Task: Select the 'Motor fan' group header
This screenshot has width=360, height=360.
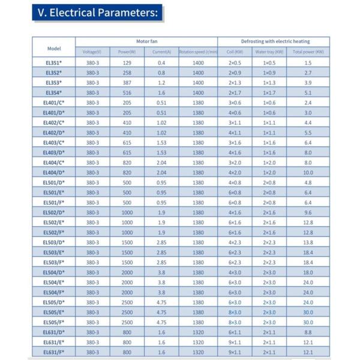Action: pos(146,41)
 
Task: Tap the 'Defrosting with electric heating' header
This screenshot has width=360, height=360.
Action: pos(275,41)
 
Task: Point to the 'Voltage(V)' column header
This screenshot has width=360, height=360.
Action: pos(92,52)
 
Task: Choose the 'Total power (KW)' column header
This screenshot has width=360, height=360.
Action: pos(308,52)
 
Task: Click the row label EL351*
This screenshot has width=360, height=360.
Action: pos(54,62)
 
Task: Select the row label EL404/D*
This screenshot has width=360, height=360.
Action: pos(54,172)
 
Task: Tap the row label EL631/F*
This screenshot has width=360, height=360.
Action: pos(54,352)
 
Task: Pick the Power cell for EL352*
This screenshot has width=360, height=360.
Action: pos(127,73)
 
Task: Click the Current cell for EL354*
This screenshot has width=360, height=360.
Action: pos(161,92)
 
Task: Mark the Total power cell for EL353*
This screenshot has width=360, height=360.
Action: pos(308,82)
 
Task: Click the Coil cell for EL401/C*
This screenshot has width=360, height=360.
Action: pos(234,103)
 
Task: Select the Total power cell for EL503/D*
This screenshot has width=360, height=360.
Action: pos(308,242)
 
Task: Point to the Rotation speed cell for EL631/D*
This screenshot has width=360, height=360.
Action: pos(198,332)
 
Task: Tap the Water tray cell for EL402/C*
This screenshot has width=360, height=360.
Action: pos(269,122)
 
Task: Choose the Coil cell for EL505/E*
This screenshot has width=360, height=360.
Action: pos(234,312)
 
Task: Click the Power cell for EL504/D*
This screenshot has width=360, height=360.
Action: pos(127,272)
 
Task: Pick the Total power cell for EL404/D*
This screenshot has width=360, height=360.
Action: pos(308,172)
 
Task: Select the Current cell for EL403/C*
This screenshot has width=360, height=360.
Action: pos(161,142)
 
